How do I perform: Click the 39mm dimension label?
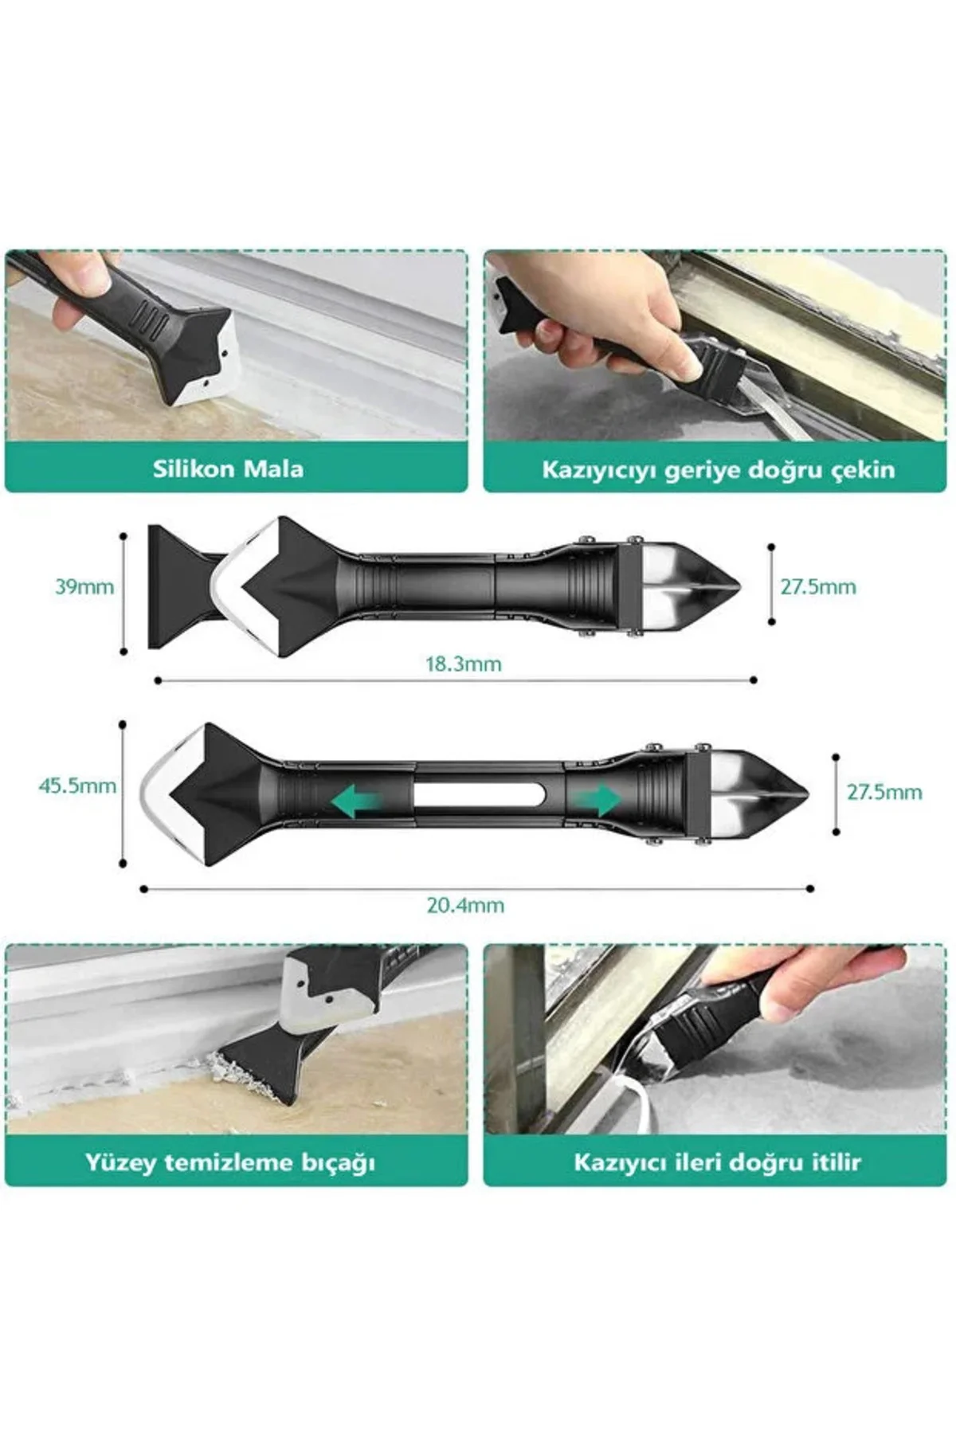point(84,587)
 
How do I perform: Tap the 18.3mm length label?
point(464,664)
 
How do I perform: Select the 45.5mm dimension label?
point(77,786)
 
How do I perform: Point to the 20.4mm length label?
point(465,905)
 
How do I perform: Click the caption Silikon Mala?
point(229,468)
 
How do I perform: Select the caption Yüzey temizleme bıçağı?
point(230,1162)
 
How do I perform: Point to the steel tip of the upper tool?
point(692,586)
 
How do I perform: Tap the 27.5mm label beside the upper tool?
point(818,587)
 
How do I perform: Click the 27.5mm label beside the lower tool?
point(884,793)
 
